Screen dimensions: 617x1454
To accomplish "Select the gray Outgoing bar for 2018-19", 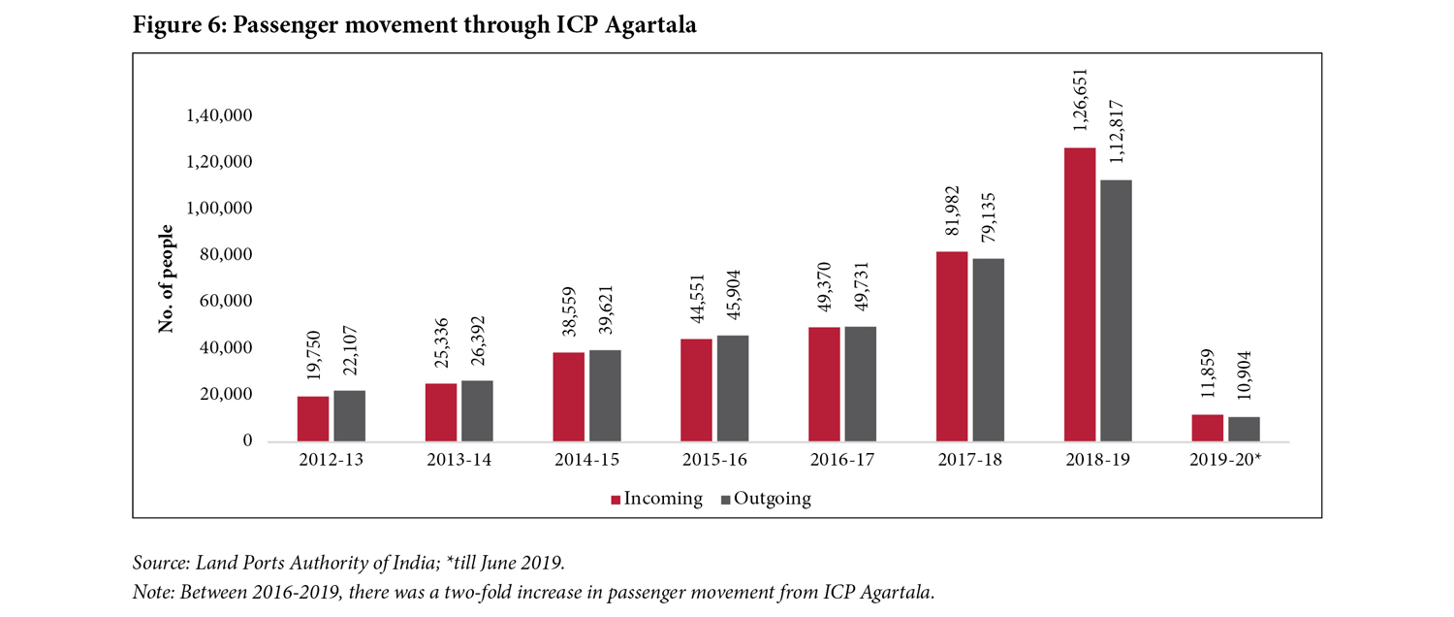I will [1116, 310].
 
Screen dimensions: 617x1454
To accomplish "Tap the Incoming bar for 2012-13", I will [313, 418].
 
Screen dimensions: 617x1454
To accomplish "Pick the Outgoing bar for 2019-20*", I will [1244, 429].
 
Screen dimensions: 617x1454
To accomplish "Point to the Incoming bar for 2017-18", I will [952, 346].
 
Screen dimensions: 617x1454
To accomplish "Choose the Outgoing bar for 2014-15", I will [605, 396].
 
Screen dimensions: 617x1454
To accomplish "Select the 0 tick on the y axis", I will [247, 441].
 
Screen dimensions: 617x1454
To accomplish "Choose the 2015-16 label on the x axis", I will [713, 460].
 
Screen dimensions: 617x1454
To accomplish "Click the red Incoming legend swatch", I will [616, 500].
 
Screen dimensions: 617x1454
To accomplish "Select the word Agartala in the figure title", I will [650, 26].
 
